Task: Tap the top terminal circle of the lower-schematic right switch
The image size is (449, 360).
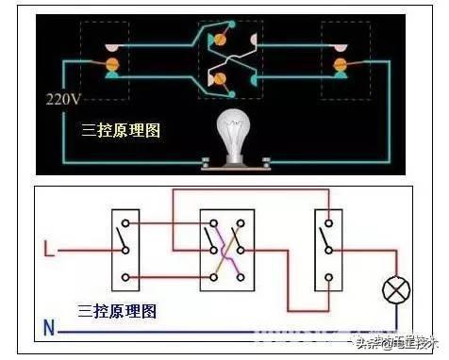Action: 328,223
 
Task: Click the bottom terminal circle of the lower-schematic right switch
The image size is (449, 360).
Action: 328,277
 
